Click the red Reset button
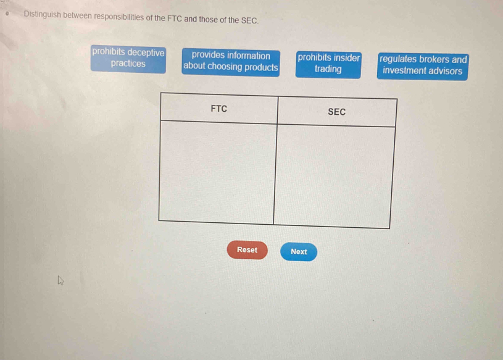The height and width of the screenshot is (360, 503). tap(247, 250)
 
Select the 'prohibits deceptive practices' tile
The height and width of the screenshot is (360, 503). tap(128, 59)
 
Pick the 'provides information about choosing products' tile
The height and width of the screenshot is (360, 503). tap(231, 62)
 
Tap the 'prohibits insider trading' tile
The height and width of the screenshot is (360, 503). tap(328, 65)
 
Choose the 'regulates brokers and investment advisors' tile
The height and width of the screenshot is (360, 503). tap(423, 67)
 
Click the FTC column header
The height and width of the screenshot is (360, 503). tap(218, 109)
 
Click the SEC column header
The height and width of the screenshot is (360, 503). tap(337, 112)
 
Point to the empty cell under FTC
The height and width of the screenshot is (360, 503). tap(217, 172)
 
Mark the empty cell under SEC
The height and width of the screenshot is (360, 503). tap(334, 176)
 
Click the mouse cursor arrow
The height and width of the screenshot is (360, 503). tap(60, 280)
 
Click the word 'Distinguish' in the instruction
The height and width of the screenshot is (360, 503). tap(42, 14)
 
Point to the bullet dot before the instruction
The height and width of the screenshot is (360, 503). tap(7, 14)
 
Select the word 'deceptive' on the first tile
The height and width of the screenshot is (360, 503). tap(146, 52)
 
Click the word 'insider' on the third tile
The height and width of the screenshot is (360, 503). tap(347, 58)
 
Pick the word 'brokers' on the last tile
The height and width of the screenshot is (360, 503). tap(434, 59)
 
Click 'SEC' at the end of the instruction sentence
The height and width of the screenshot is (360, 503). tap(249, 20)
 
